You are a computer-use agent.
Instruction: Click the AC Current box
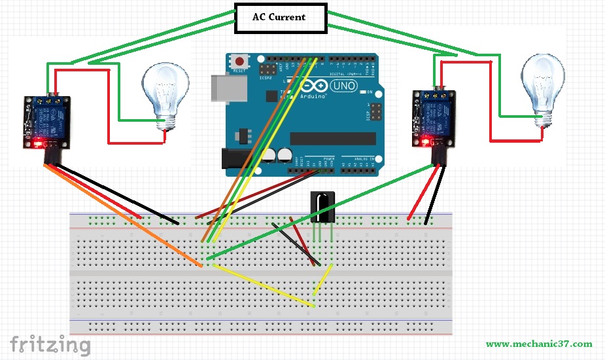pyautogui.click(x=279, y=18)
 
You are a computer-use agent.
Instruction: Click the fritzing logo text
pyautogui.click(x=50, y=343)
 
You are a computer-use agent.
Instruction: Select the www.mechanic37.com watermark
pyautogui.click(x=539, y=344)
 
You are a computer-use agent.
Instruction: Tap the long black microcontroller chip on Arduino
pyautogui.click(x=333, y=138)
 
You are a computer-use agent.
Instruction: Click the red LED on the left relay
pyautogui.click(x=39, y=142)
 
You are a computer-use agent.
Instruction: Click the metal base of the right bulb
pyautogui.click(x=542, y=117)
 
